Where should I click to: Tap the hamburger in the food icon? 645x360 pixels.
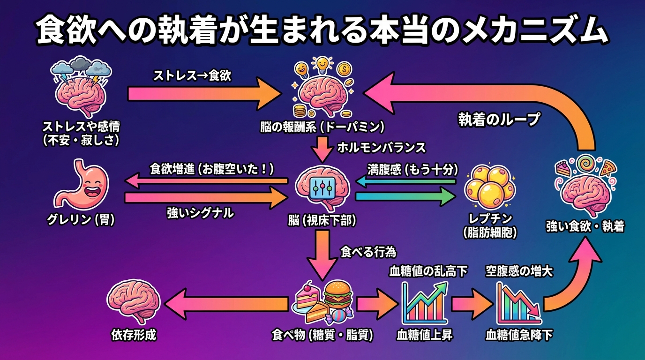335,293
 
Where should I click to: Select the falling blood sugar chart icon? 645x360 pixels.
518,303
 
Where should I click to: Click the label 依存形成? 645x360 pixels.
134,335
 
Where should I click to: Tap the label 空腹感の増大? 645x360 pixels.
519,271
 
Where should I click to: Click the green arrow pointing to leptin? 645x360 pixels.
405,197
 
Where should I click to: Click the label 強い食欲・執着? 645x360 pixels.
585,227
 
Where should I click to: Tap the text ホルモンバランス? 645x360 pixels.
381,148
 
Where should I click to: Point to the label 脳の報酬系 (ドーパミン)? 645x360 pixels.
322,127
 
